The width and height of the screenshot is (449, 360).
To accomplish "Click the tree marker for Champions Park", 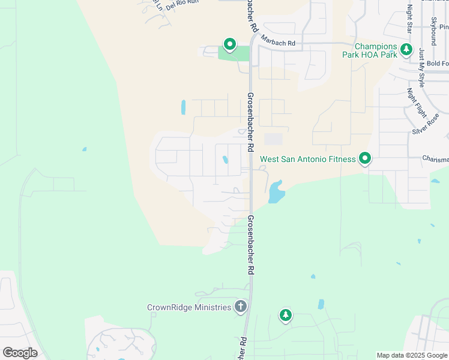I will pyautogui.click(x=407, y=49).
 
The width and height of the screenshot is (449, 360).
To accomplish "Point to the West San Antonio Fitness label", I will pyautogui.click(x=308, y=160).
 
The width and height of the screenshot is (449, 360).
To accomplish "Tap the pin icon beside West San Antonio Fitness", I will pyautogui.click(x=364, y=158).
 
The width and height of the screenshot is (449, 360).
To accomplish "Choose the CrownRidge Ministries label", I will pyautogui.click(x=189, y=308).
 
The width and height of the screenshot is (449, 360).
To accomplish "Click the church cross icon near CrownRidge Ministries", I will pyautogui.click(x=240, y=307).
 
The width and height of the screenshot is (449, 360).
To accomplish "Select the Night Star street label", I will pyautogui.click(x=410, y=19).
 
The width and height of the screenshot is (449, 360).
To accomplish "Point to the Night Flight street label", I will pyautogui.click(x=417, y=103).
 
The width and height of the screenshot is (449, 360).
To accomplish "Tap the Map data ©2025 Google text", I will pyautogui.click(x=412, y=355).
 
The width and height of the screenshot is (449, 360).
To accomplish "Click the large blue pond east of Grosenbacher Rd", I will pyautogui.click(x=276, y=192).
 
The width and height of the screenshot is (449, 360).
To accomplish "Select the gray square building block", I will pyautogui.click(x=274, y=139).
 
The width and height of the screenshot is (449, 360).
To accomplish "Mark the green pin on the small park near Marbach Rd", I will pyautogui.click(x=229, y=44).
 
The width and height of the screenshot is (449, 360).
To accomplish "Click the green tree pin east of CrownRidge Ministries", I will pyautogui.click(x=286, y=314).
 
